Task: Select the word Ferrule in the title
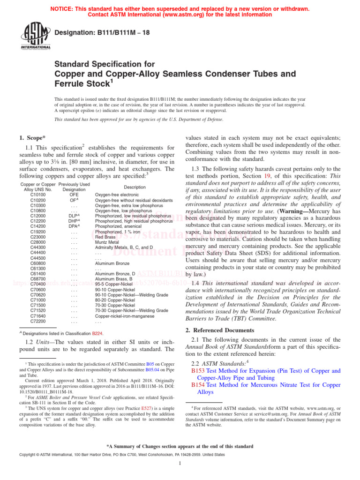coord(71,84)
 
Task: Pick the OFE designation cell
coord(74,194)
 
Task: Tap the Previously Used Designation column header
coord(74,187)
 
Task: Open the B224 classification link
coord(97,333)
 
